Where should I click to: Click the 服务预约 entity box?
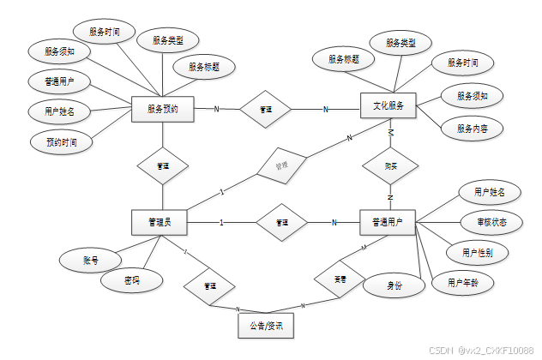162,109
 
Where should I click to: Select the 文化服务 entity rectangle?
388,106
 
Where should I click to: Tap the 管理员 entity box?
159,223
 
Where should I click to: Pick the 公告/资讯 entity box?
266,326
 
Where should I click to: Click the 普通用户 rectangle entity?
388,223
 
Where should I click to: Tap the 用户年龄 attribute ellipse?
456,283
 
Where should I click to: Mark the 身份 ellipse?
394,286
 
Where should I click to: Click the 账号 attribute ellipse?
90,257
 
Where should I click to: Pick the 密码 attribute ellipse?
130,280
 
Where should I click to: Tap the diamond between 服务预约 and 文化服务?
265,109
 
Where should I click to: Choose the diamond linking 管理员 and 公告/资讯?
209,285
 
